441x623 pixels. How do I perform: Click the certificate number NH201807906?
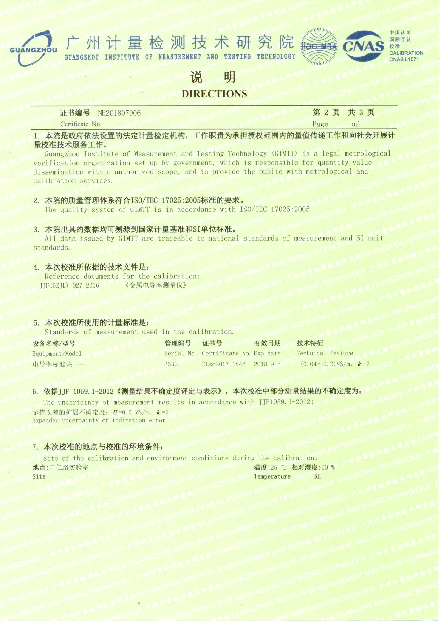119,113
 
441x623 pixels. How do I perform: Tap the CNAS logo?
364,46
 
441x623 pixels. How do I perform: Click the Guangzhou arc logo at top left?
34,48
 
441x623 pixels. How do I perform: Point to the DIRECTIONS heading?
214,94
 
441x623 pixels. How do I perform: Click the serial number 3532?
171,364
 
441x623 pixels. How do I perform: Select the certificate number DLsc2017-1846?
223,364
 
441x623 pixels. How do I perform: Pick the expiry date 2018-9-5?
267,364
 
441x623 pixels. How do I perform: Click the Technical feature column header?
325,353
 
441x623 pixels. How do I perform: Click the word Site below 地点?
39,477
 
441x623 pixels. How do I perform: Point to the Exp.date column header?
267,353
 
